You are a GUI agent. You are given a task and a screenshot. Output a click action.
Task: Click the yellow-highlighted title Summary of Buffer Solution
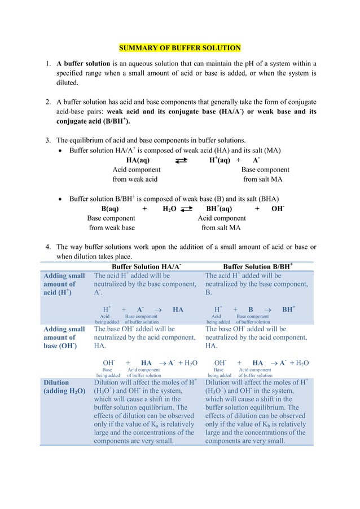pos(179,47)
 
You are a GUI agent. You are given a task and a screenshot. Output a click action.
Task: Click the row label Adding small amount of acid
pos(64,285)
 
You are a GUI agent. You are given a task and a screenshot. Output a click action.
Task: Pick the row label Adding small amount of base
pos(64,337)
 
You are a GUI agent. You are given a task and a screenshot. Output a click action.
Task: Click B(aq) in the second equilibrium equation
pos(109,208)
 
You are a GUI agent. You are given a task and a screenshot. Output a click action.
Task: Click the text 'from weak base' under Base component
pos(112,228)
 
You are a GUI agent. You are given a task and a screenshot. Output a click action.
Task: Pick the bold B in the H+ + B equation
pos(251,310)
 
